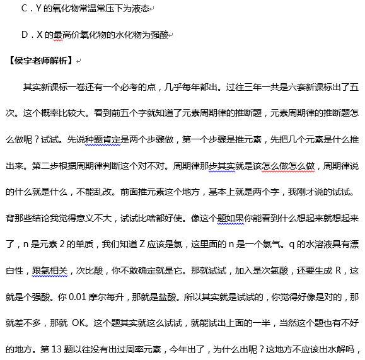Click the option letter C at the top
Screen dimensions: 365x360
(24, 9)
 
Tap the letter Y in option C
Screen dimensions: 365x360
(40, 9)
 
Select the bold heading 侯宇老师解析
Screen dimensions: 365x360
(40, 61)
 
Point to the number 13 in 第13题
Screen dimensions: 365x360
(69, 347)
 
